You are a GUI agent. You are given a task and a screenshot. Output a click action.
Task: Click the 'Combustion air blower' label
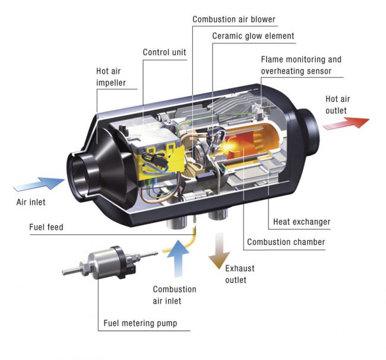click(233, 20)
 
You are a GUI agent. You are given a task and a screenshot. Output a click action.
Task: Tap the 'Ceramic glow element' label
click(253, 36)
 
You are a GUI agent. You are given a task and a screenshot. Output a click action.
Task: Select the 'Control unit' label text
click(164, 52)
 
